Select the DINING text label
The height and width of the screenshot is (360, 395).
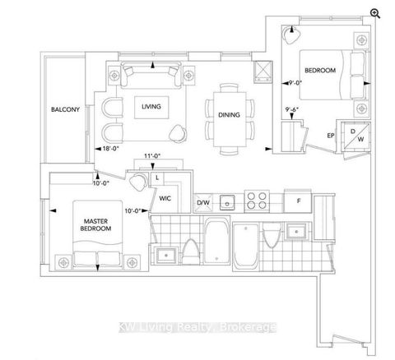click(230, 115)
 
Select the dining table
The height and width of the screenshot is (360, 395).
click(230, 116)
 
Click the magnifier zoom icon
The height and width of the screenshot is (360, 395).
click(375, 12)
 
